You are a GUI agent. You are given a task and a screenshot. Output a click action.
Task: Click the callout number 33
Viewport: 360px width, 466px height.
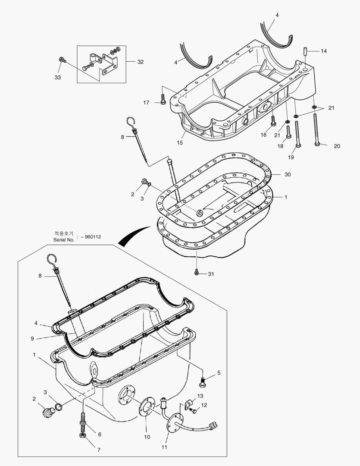point(57,78)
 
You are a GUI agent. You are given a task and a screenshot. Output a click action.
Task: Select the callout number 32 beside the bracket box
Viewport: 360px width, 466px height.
point(141,62)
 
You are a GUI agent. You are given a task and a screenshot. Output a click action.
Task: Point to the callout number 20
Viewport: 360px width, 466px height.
point(337,146)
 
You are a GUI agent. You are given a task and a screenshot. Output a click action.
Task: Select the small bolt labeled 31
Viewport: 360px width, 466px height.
point(197,273)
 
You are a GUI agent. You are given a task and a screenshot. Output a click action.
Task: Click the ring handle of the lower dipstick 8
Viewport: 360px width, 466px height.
point(51,260)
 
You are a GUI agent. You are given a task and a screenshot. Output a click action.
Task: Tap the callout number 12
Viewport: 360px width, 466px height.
point(204,405)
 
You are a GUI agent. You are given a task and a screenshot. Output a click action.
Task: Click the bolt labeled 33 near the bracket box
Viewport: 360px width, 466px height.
point(62,60)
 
